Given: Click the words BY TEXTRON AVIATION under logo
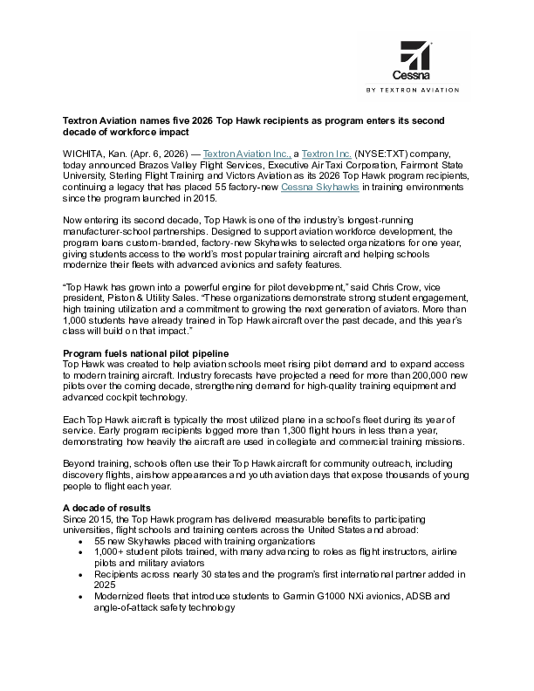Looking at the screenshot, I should [x=419, y=89].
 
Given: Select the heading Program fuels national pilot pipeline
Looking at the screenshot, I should [x=147, y=352].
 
